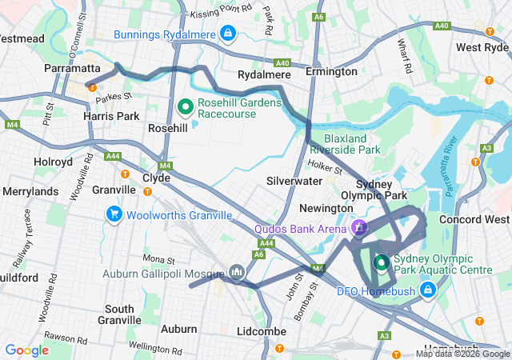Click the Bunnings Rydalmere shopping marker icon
pyautogui.click(x=229, y=33)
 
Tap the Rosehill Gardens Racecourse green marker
pyautogui.click(x=185, y=106)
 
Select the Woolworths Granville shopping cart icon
pyautogui.click(x=114, y=214)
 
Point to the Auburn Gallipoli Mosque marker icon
pyautogui.click(x=236, y=274)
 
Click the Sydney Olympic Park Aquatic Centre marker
pyautogui.click(x=382, y=262)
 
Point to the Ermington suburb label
pyautogui.click(x=331, y=72)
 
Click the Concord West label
pyautogui.click(x=474, y=219)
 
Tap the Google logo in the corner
pyautogui.click(x=27, y=350)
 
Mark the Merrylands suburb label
pyautogui.click(x=30, y=192)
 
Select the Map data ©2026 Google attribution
pyautogui.click(x=462, y=354)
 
